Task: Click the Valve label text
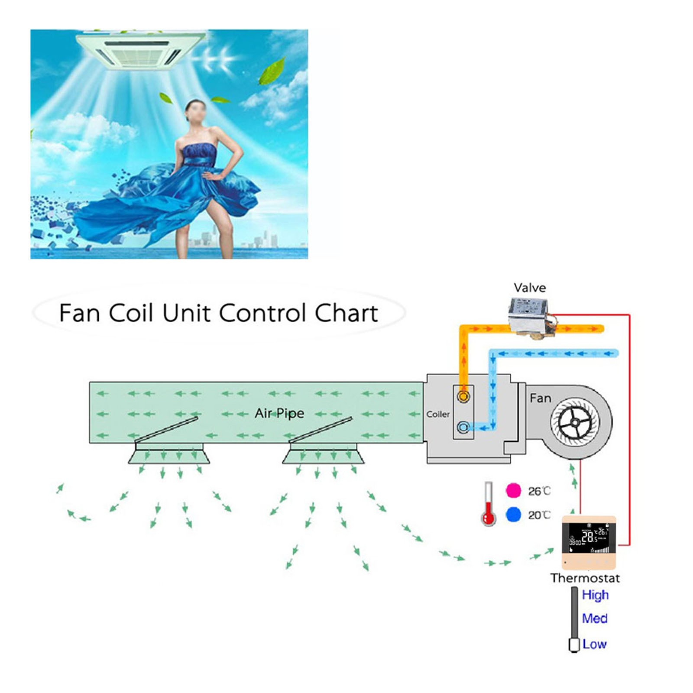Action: [x=530, y=288]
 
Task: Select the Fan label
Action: [x=541, y=398]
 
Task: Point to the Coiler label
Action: [x=438, y=415]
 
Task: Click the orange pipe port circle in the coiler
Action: [x=463, y=396]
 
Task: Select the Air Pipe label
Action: [x=279, y=413]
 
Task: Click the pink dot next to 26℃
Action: [x=513, y=491]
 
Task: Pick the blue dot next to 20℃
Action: [x=513, y=515]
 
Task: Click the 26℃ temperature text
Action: [x=539, y=491]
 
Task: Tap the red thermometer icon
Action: [x=489, y=505]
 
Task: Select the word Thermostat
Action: [x=585, y=578]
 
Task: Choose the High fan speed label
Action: [x=595, y=595]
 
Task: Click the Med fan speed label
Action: [x=595, y=619]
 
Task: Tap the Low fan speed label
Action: [x=594, y=644]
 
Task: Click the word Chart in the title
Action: [x=346, y=313]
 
